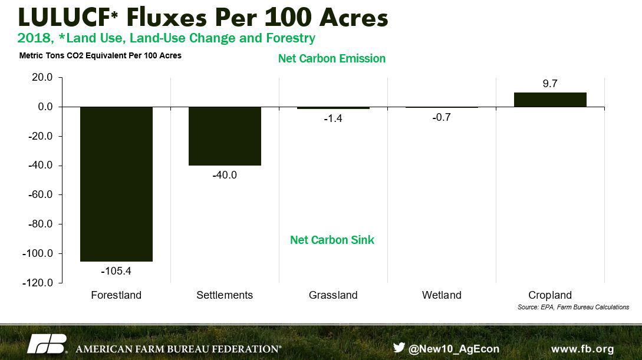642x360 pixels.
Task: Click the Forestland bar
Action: (x=116, y=184)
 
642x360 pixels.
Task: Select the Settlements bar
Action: (x=225, y=136)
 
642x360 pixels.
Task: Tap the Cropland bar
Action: (x=550, y=100)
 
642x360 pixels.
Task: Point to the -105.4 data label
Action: (x=116, y=271)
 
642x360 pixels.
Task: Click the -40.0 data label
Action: (x=225, y=175)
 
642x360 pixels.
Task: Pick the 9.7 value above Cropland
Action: (x=550, y=84)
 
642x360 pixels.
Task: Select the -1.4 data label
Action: (x=333, y=118)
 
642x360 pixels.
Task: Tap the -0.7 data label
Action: (x=442, y=117)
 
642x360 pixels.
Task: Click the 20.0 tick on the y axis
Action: (x=42, y=77)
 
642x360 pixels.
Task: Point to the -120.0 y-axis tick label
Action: (x=38, y=283)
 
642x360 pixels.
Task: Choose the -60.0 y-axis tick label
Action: (x=41, y=194)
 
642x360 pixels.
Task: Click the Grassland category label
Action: (x=333, y=295)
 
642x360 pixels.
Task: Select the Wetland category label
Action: (x=442, y=295)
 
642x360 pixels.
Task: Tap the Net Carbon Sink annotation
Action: (x=332, y=240)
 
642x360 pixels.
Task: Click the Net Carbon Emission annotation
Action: (x=332, y=58)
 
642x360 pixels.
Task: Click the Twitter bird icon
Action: (x=399, y=347)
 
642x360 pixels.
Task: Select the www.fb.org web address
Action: (x=582, y=349)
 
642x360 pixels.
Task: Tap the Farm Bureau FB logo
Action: (x=47, y=344)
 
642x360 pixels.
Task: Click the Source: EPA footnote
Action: (x=573, y=307)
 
